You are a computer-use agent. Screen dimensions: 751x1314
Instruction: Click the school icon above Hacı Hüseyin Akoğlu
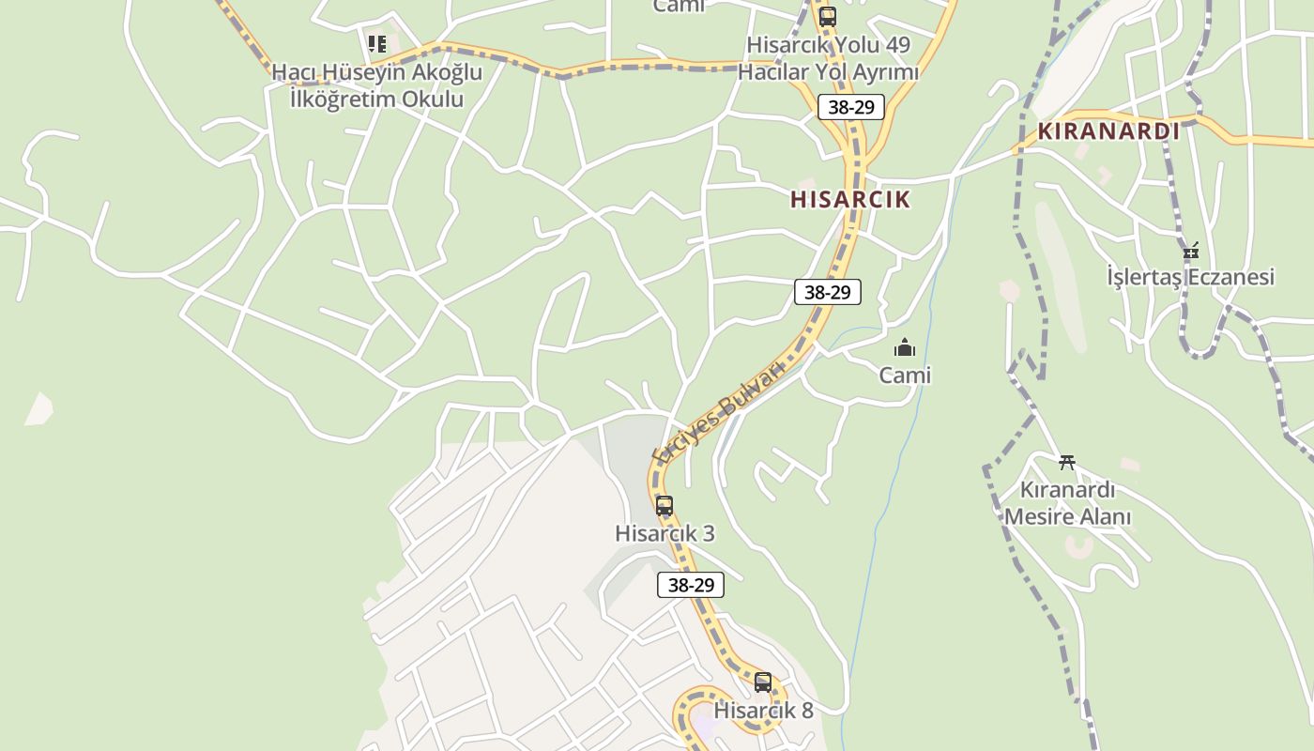click(376, 43)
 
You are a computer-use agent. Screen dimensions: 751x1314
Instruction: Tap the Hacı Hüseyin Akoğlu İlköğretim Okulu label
click(376, 85)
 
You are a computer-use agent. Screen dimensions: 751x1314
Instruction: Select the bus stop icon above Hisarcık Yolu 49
click(827, 17)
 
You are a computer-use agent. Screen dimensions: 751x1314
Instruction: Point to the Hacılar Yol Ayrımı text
click(828, 71)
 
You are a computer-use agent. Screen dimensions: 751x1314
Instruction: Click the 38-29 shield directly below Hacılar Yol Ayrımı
click(851, 107)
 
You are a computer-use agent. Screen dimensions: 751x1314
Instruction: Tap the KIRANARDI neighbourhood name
click(1108, 131)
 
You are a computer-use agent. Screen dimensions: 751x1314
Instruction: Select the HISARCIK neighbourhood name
click(850, 199)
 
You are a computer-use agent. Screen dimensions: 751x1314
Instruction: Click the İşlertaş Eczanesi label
click(1190, 277)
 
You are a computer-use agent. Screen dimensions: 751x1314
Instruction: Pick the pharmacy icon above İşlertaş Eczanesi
click(1191, 251)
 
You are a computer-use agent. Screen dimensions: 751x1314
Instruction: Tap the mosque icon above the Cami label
click(905, 348)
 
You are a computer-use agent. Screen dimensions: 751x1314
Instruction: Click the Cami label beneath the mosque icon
click(905, 375)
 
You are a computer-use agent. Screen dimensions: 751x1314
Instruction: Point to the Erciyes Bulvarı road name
click(718, 412)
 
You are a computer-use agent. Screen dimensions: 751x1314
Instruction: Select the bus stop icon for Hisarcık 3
click(665, 506)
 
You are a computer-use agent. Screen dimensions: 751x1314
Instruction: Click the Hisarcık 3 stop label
click(665, 533)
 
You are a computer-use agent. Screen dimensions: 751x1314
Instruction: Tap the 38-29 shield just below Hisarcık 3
click(691, 585)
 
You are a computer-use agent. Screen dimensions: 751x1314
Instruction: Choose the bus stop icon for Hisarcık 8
click(763, 682)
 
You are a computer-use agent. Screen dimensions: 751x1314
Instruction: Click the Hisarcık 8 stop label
click(763, 711)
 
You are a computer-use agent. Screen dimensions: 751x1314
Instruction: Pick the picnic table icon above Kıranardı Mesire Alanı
click(1066, 462)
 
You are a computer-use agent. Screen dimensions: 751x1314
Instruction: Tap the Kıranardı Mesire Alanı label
click(1067, 503)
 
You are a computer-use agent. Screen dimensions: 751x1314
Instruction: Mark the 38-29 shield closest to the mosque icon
click(828, 292)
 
